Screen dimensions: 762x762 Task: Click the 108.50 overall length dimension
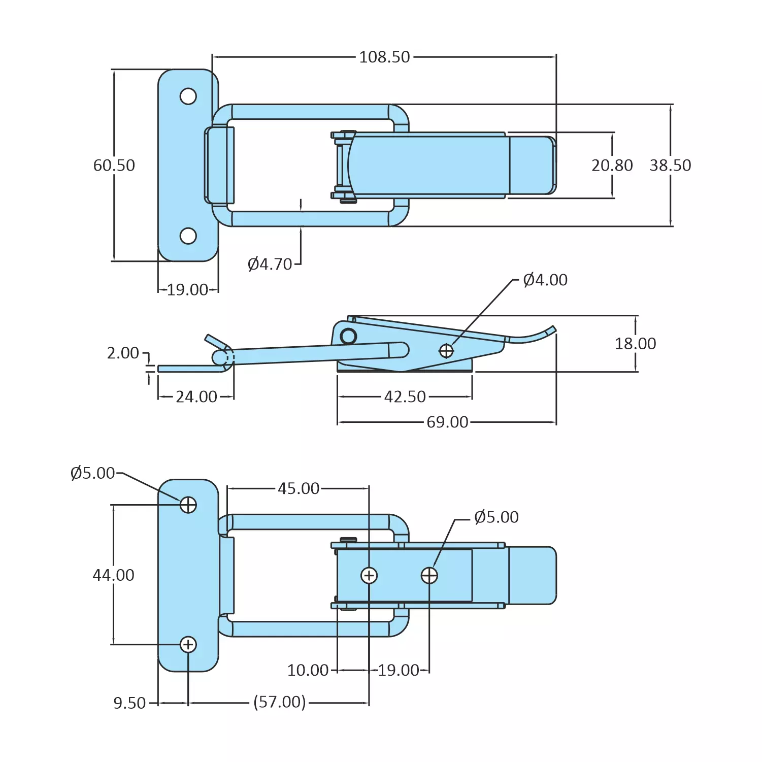384,57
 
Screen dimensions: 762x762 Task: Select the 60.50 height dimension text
114,165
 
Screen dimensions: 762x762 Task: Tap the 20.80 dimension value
612,165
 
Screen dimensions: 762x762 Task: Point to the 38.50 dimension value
670,165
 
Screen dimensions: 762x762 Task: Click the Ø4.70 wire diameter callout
270,264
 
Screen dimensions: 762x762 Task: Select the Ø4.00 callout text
545,280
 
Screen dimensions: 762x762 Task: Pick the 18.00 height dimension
635,344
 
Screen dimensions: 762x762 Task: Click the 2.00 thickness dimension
123,353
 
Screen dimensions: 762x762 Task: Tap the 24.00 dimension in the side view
196,396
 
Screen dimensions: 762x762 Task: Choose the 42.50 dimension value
405,396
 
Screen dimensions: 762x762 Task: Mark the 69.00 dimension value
447,422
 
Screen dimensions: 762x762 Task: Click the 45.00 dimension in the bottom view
299,488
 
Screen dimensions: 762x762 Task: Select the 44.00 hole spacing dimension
114,575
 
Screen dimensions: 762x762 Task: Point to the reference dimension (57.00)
280,702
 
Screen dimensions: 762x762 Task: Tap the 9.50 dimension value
129,703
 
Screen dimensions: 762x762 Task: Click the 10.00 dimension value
308,670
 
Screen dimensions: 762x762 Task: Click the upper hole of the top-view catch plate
188,96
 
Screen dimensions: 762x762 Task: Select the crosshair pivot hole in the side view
446,351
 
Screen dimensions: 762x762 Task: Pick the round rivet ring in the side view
349,336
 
